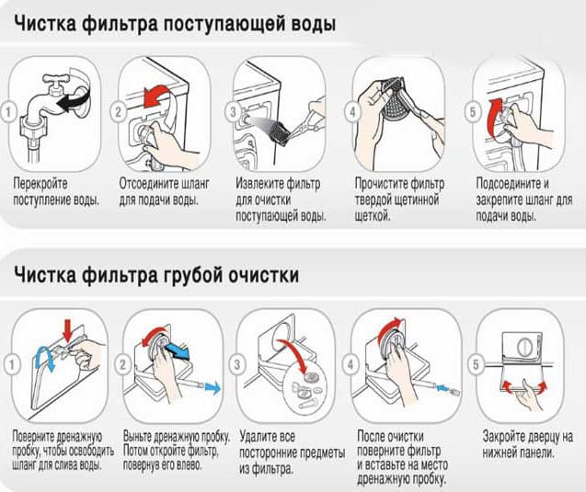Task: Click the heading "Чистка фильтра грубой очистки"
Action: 155,275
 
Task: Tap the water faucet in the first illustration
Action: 47,97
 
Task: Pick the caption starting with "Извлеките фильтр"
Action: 281,200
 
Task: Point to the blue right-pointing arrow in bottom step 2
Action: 211,389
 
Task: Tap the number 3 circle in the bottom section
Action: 242,365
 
